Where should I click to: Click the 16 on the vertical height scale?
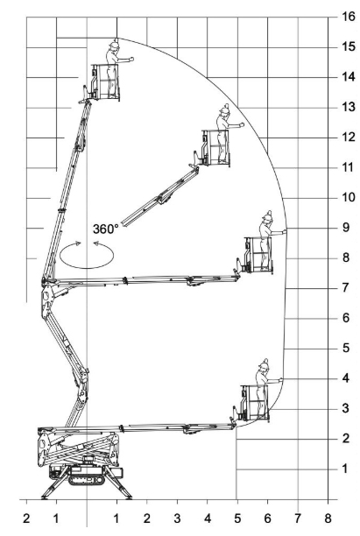(x=349, y=16)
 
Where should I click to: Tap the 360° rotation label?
(x=106, y=229)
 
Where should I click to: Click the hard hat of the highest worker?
(x=114, y=44)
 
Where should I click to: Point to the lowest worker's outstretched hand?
(x=280, y=379)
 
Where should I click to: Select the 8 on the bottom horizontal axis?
(x=328, y=518)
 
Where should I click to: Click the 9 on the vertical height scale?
(x=346, y=227)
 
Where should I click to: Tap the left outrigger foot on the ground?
(x=45, y=497)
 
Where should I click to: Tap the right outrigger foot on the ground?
(x=128, y=497)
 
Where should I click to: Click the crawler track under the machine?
(x=86, y=479)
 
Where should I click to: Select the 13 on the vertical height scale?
(x=349, y=107)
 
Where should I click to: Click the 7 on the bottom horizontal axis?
(x=298, y=518)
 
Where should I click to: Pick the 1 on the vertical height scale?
(x=345, y=469)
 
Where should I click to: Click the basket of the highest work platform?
(x=105, y=82)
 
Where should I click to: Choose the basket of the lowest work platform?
(x=255, y=403)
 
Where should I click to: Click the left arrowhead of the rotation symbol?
(x=78, y=243)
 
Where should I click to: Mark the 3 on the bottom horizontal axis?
(x=177, y=518)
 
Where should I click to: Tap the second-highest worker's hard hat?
(x=225, y=109)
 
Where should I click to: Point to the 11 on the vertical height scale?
(x=349, y=167)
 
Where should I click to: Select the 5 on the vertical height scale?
(x=346, y=348)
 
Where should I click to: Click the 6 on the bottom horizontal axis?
(x=267, y=518)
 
